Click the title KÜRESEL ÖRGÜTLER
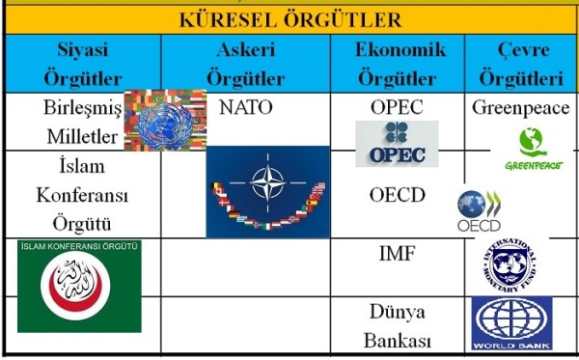coord(289,19)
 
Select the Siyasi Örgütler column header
coord(82,64)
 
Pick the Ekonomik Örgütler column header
coord(397,64)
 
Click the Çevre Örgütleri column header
coord(520,64)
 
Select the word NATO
coord(246,107)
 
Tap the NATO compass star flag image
coord(267,190)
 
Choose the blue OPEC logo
coord(396,143)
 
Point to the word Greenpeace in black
coord(520,108)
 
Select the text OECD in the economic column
coord(397,195)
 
